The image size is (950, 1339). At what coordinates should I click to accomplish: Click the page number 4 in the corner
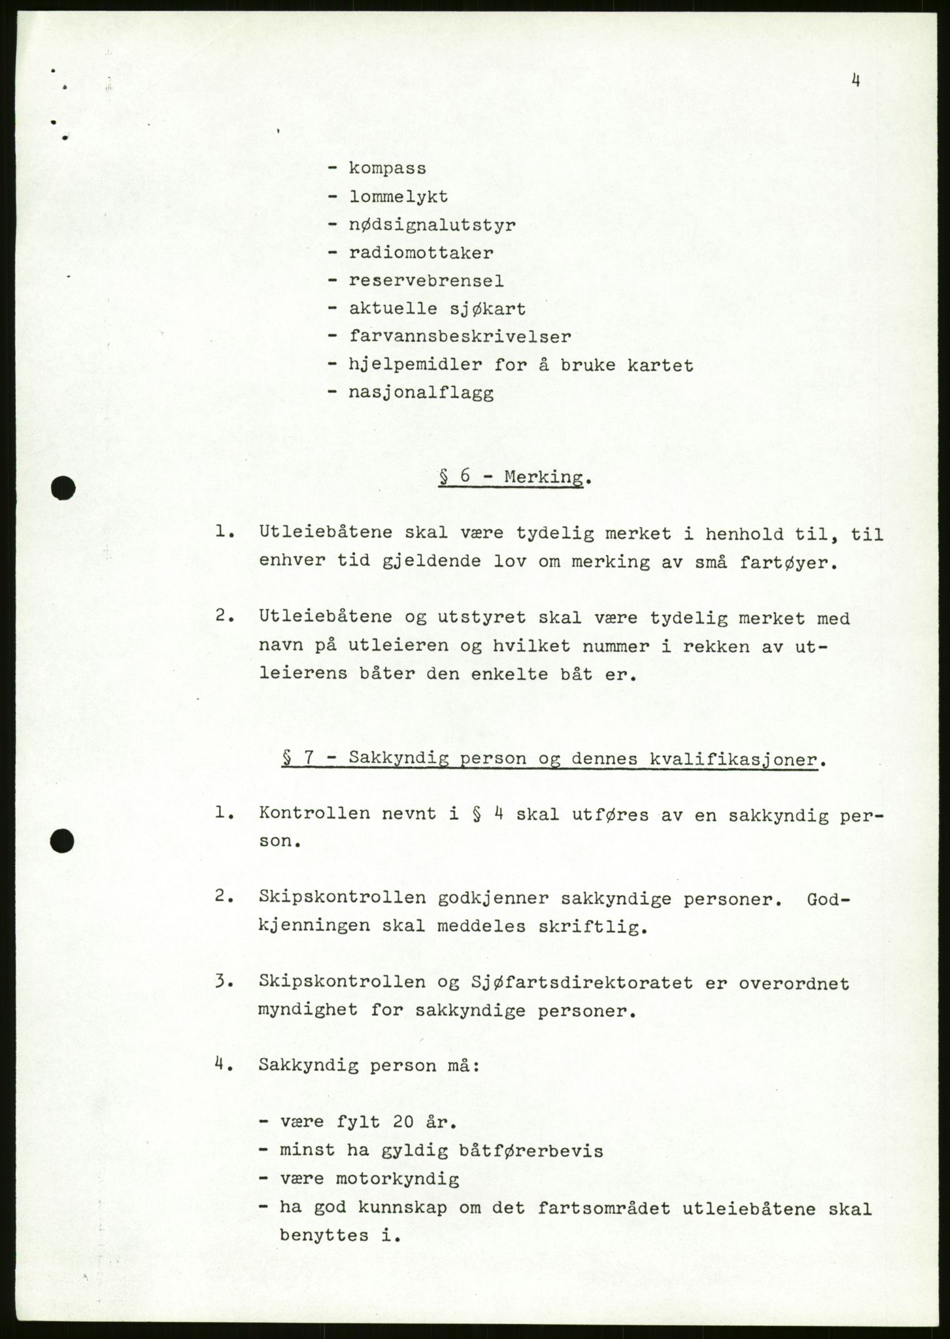(x=855, y=81)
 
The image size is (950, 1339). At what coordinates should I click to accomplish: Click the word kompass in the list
(x=387, y=169)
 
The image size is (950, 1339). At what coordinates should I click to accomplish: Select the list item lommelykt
(x=398, y=197)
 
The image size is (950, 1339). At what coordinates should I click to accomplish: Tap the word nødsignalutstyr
(x=432, y=226)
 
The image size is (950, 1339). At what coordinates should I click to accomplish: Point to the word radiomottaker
(x=421, y=253)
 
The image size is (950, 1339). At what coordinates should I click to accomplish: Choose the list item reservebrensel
(x=426, y=281)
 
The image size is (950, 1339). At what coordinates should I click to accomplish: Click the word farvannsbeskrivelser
(x=460, y=337)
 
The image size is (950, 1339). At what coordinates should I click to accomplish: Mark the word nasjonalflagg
(x=421, y=394)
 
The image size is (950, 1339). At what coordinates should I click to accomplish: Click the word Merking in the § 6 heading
(x=543, y=477)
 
